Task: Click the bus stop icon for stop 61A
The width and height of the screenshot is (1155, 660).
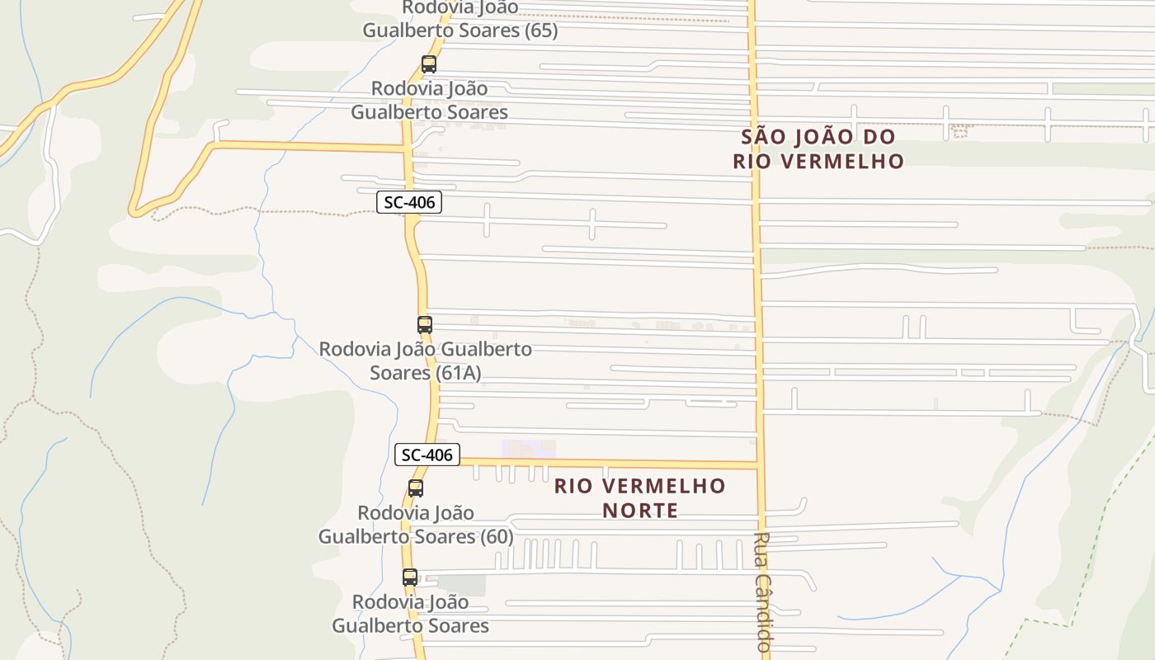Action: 425,325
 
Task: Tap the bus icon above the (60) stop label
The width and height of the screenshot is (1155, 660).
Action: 416,488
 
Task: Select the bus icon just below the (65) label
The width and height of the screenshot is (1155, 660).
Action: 429,64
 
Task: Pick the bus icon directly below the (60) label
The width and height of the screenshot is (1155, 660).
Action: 410,577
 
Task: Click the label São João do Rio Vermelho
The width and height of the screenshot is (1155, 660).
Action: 818,148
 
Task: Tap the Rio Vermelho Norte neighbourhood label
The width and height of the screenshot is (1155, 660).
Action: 639,497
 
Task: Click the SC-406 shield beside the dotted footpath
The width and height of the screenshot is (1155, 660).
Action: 408,202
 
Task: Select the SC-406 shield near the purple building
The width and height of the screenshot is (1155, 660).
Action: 427,455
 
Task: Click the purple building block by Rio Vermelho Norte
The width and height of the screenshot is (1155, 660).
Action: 528,449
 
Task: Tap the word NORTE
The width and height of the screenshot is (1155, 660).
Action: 639,511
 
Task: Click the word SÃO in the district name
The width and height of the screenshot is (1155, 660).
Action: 759,137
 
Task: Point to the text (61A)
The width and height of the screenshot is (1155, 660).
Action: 460,373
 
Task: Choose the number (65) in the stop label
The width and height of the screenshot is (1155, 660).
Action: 540,31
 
